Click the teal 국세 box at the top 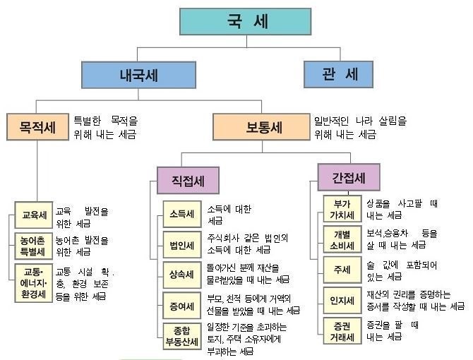point(245,21)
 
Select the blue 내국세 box point(139,75)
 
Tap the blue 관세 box point(338,75)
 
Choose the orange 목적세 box point(37,127)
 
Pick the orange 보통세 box point(261,127)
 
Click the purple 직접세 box point(188,180)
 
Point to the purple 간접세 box point(349,177)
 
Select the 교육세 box point(34,215)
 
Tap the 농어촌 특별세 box point(34,246)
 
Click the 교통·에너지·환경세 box point(34,283)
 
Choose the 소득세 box point(182,214)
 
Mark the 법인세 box point(182,244)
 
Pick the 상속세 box point(182,275)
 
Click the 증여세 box point(182,306)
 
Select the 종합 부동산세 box point(182,336)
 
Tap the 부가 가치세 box point(342,209)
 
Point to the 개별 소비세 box point(342,239)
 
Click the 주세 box point(342,270)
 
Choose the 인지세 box point(342,300)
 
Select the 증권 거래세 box point(342,331)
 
